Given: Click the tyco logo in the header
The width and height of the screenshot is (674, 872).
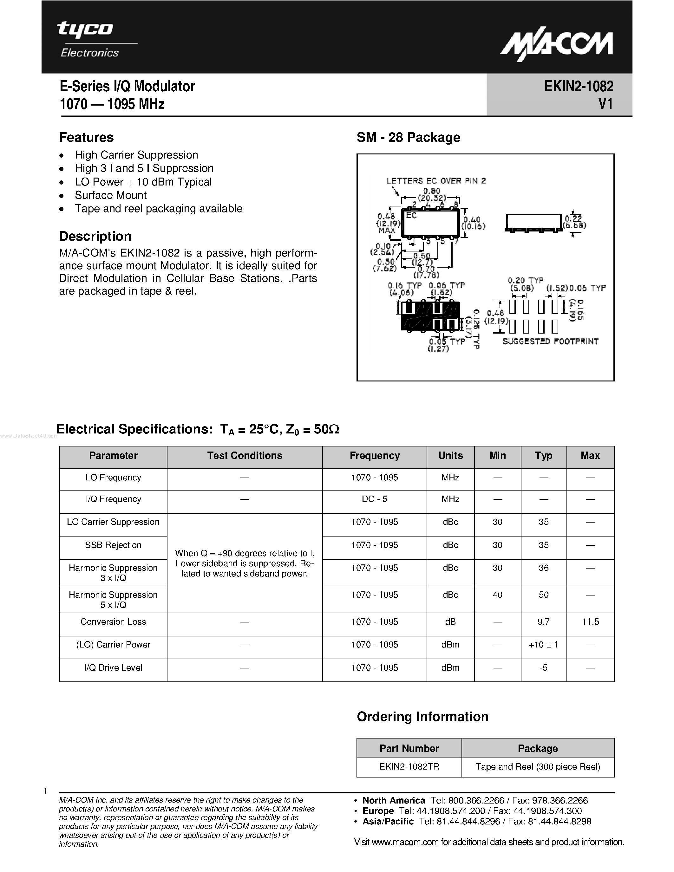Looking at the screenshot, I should (x=85, y=29).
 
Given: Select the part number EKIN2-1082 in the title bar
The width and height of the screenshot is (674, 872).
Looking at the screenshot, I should (x=579, y=86).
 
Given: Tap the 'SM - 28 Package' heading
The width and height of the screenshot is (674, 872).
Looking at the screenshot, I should (x=408, y=137).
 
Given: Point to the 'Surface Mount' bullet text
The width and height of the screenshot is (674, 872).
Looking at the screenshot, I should (x=111, y=195).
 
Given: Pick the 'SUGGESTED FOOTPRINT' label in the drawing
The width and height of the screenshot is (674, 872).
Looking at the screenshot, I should (x=550, y=342).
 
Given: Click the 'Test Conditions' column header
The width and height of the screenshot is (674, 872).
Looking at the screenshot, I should (x=244, y=456).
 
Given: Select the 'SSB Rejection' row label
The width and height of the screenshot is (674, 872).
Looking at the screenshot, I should (x=113, y=545).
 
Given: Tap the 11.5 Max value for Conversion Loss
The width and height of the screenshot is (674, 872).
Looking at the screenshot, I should (x=590, y=622).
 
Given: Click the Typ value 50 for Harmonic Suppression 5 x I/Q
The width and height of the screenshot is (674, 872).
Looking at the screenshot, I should (x=543, y=595).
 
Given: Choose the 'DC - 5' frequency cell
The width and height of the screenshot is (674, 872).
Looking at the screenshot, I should (x=374, y=499).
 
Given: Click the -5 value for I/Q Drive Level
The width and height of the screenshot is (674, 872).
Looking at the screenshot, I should (x=543, y=667).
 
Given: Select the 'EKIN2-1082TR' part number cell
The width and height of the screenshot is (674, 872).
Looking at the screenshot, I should (x=409, y=767).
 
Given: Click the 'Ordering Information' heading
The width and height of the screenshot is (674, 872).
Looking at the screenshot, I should (x=422, y=717).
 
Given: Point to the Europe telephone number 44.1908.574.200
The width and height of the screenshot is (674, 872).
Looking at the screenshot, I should (x=451, y=811).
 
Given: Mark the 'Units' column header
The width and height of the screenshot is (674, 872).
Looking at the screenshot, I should (x=450, y=456).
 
